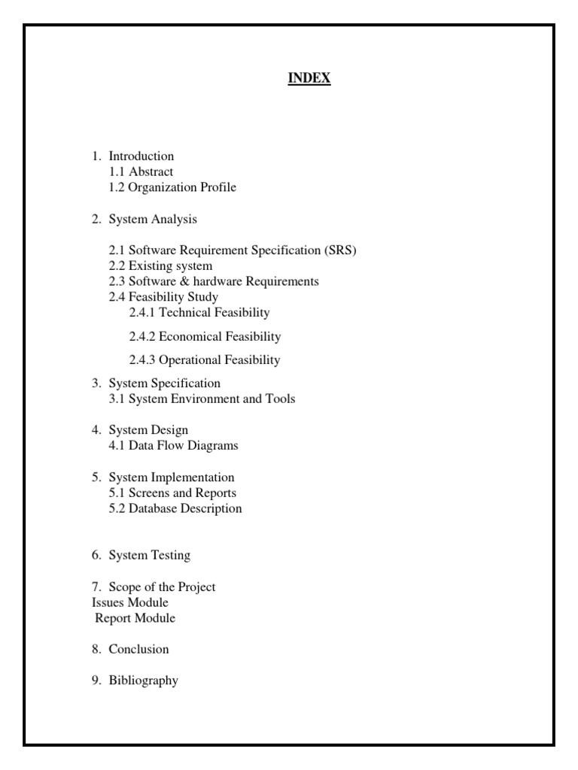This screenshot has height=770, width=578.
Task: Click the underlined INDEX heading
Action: pos(309,78)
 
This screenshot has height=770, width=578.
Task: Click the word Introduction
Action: pos(141,156)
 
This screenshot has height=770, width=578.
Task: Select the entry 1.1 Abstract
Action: pos(141,172)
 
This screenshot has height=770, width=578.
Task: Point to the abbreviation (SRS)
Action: pos(341,250)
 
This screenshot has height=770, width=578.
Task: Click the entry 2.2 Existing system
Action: pos(160,266)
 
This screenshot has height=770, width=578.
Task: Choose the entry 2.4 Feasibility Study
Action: pos(163,297)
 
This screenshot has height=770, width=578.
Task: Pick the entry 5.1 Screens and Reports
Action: pos(172,493)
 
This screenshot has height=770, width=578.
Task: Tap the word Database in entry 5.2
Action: pos(154,508)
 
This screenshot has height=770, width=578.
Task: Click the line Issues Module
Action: pos(129,602)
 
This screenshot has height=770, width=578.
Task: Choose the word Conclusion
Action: pos(138,649)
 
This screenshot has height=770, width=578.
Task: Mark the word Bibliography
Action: pos(143,681)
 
